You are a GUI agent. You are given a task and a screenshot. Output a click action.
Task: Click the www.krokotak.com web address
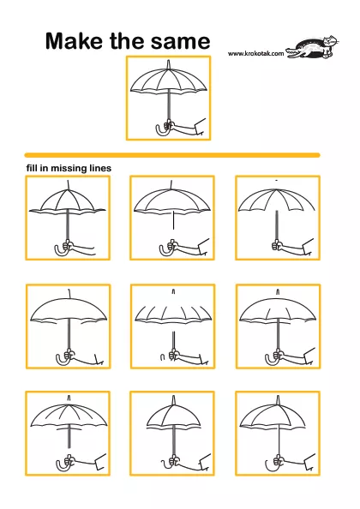pyautogui.click(x=255, y=54)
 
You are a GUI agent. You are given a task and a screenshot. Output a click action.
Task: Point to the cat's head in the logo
pyautogui.click(x=331, y=41)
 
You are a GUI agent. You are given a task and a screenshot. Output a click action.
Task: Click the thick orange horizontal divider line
pyautogui.click(x=172, y=155)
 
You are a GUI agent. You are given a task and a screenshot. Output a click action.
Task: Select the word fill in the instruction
pyautogui.click(x=32, y=168)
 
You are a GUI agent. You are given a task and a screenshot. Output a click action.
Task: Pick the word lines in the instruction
pyautogui.click(x=99, y=168)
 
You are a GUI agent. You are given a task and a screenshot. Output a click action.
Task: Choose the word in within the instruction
pyautogui.click(x=44, y=168)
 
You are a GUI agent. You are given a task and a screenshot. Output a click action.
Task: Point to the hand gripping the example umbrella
pyautogui.click(x=169, y=124)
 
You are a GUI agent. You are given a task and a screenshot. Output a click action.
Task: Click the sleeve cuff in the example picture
pyautogui.click(x=200, y=127)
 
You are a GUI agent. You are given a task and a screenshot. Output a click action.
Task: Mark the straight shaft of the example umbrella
pyautogui.click(x=169, y=105)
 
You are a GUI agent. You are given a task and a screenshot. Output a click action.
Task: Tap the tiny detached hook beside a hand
pyautogui.click(x=163, y=357)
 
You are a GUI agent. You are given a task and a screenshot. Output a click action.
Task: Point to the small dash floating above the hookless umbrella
pyautogui.click(x=276, y=179)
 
